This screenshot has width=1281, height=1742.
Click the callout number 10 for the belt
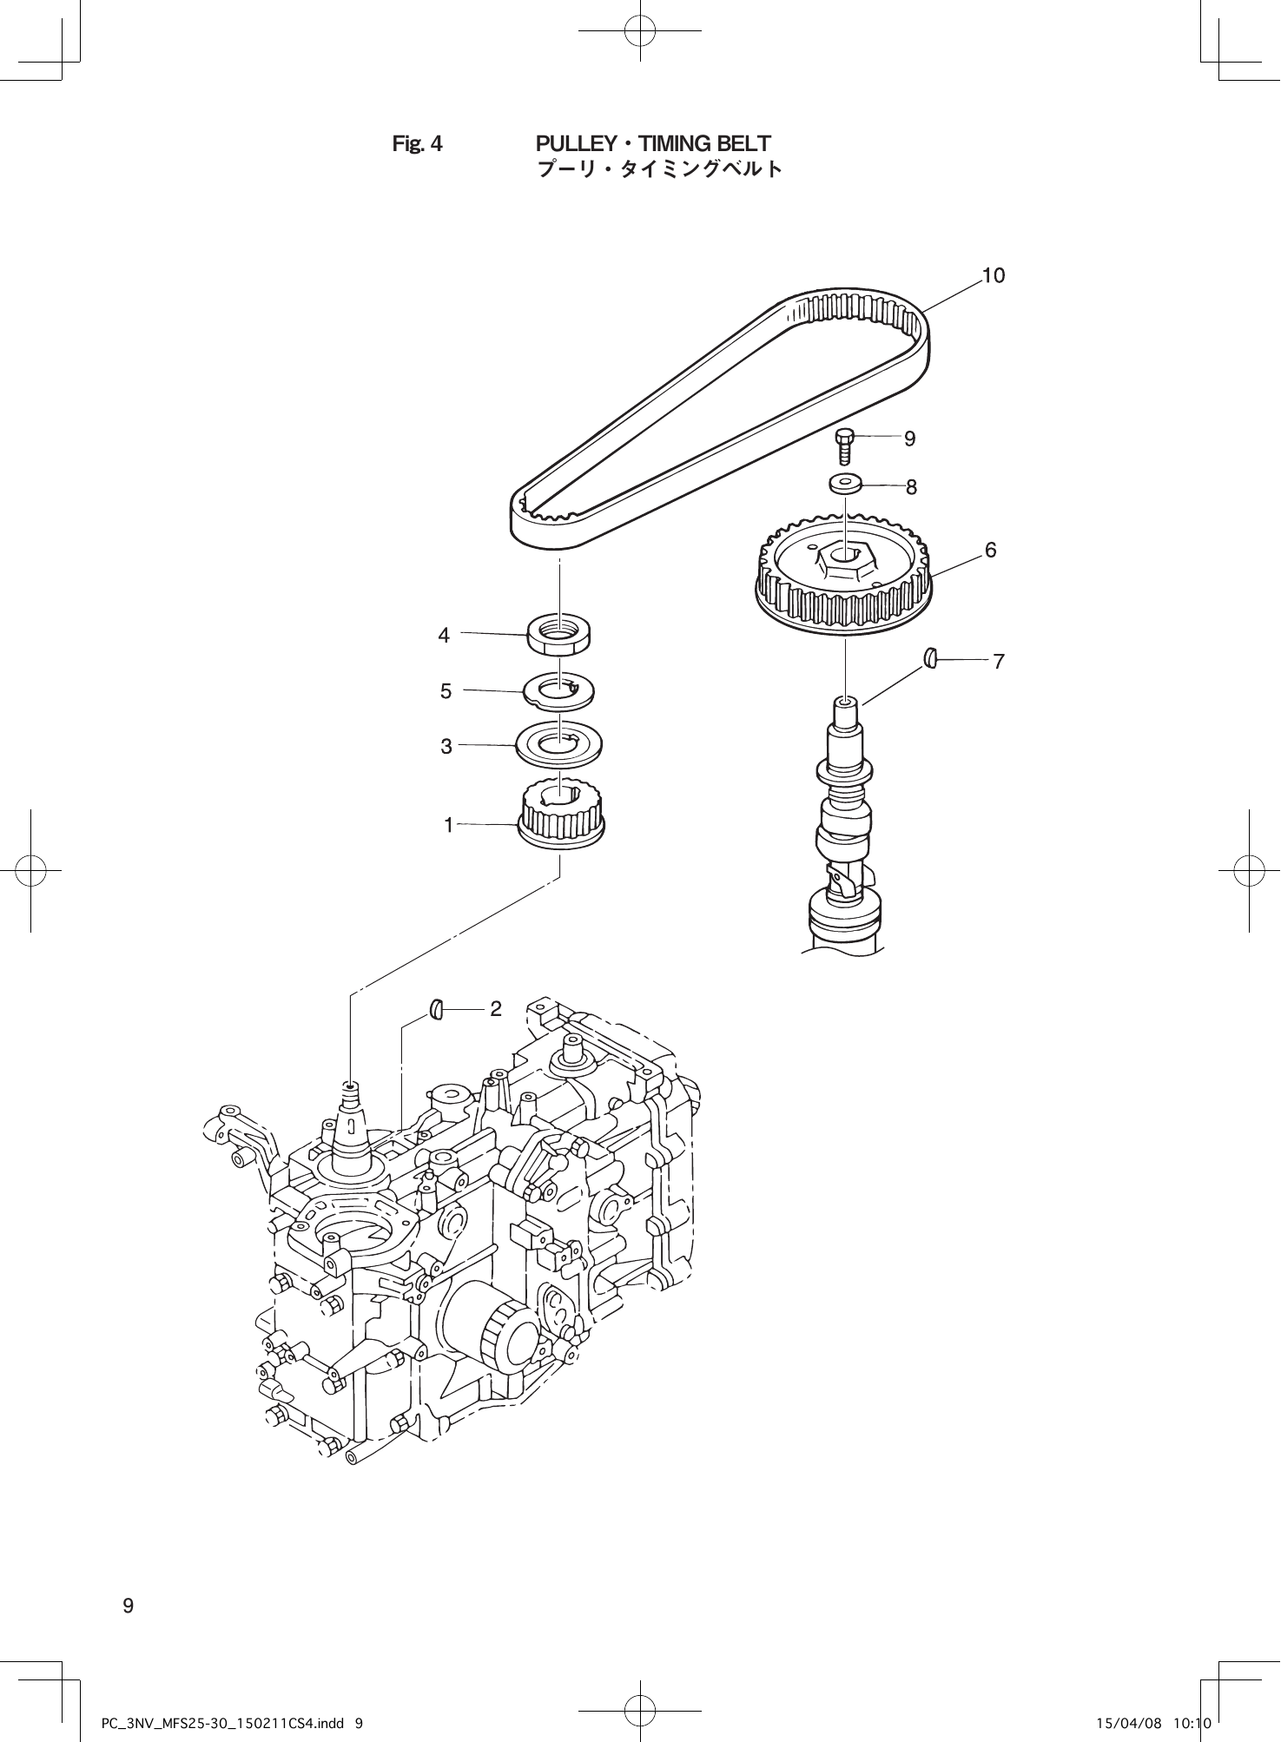[994, 276]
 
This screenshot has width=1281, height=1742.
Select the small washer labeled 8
[845, 483]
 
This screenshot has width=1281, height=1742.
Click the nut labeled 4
[560, 635]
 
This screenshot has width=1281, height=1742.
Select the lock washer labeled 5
[560, 691]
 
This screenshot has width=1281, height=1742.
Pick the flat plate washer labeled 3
[560, 745]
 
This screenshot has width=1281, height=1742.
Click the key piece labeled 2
[437, 1009]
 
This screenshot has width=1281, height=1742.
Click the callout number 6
[991, 551]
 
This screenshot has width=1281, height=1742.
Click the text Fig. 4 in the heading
[417, 144]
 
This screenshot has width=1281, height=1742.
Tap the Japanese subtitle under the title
[660, 168]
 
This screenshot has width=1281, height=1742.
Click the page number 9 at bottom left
[128, 1606]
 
